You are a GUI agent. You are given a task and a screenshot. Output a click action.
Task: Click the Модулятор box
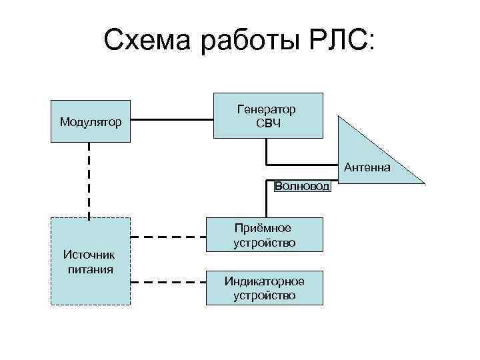[91, 121]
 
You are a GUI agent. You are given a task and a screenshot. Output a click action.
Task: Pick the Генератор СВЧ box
[267, 115]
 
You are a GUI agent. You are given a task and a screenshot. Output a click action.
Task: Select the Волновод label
[302, 186]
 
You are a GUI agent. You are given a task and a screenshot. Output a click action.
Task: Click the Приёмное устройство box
[265, 235]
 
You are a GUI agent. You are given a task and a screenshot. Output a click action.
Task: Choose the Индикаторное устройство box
[265, 288]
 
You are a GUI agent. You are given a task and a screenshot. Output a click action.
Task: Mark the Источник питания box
[91, 261]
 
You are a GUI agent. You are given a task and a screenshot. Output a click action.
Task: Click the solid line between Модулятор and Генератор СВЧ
[171, 121]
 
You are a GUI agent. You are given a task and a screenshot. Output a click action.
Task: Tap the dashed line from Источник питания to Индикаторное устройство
[167, 283]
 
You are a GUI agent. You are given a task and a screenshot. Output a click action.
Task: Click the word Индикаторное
[265, 281]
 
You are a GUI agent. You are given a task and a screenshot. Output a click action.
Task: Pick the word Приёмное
[265, 229]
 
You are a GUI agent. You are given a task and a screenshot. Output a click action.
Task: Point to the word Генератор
[267, 109]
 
